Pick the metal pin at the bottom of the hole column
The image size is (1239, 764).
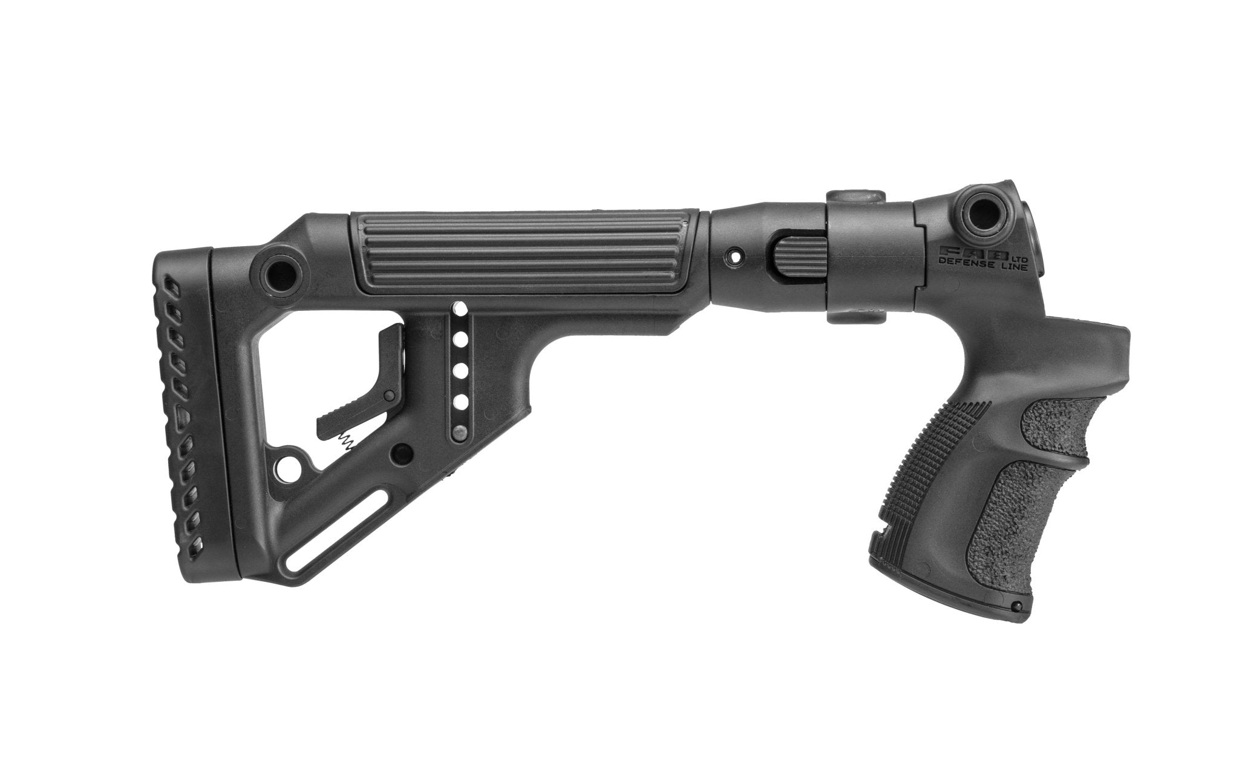tap(460, 432)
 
